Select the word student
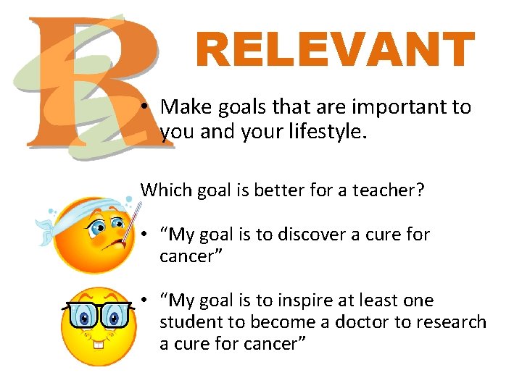click(x=190, y=321)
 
